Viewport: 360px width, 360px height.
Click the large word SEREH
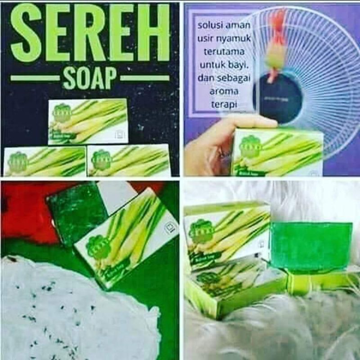point(90,34)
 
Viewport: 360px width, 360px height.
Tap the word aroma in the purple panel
point(220,92)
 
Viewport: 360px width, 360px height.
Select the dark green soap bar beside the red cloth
point(76,211)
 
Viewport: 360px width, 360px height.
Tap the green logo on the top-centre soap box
point(62,113)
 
